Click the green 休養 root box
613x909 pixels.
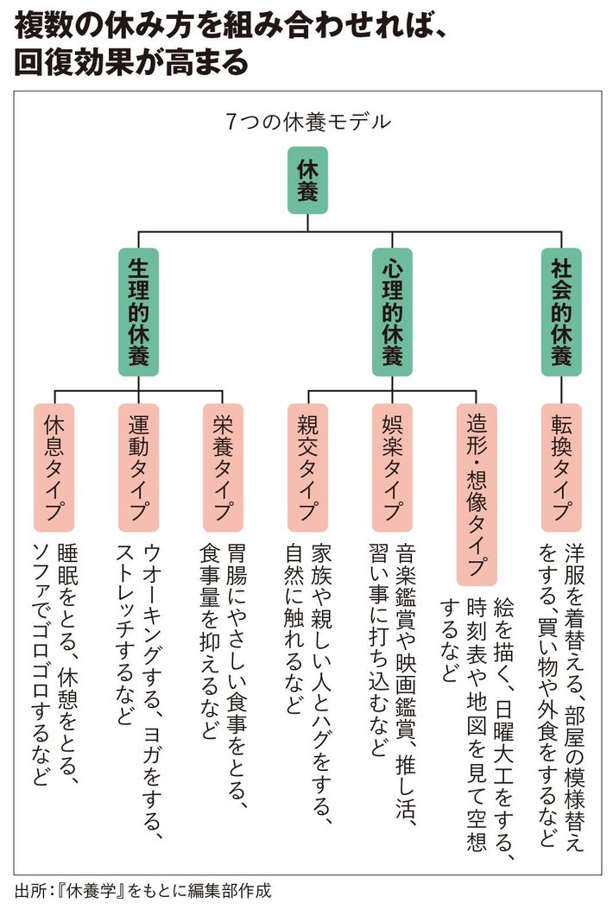[x=307, y=180]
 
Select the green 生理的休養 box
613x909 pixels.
[x=139, y=312]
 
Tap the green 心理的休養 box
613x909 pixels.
[x=392, y=312]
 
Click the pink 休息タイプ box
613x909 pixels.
[x=55, y=467]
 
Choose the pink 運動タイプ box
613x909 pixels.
[x=139, y=467]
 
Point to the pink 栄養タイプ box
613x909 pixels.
[x=224, y=467]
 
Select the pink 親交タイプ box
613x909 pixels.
[x=307, y=467]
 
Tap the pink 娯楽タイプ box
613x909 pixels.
[x=392, y=467]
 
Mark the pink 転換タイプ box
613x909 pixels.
[x=560, y=467]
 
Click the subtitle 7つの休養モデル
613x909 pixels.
[x=307, y=122]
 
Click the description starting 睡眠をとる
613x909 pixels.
[x=54, y=665]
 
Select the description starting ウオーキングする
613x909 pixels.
[x=138, y=639]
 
